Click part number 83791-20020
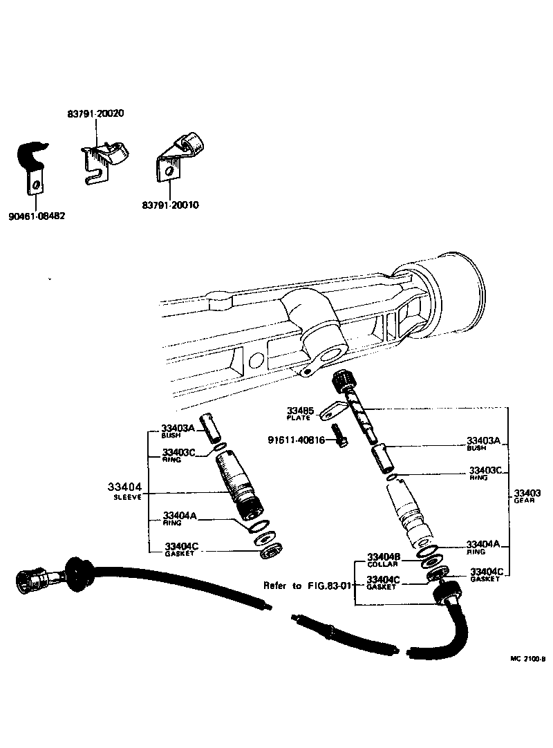point(95,113)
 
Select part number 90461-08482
point(37,216)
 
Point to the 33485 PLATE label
point(301,413)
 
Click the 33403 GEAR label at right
point(526,496)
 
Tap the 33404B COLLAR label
point(382,559)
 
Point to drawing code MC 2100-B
point(528,659)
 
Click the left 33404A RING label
point(179,518)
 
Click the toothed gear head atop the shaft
point(344,380)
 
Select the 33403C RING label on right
point(485,474)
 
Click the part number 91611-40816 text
point(295,440)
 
